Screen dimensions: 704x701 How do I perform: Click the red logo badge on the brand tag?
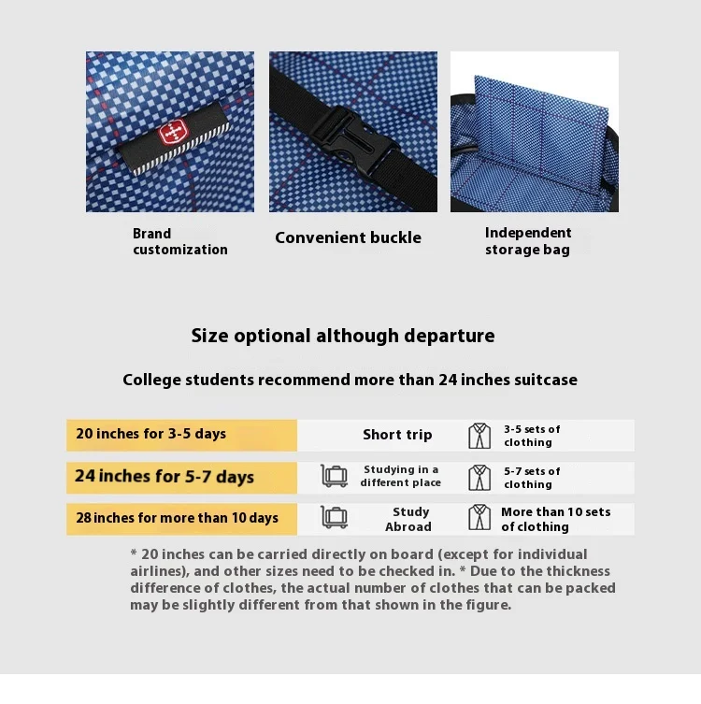pyautogui.click(x=172, y=133)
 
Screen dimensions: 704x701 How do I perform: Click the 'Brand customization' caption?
pyautogui.click(x=179, y=241)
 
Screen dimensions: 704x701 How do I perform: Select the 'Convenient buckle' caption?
pyautogui.click(x=348, y=237)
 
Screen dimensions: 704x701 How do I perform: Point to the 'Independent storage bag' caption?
pyautogui.click(x=528, y=241)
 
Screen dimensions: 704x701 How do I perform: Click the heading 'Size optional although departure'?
pyautogui.click(x=343, y=336)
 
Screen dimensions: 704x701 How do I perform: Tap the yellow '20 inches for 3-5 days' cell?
pyautogui.click(x=181, y=435)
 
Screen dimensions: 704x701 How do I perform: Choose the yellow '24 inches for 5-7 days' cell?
pyautogui.click(x=181, y=477)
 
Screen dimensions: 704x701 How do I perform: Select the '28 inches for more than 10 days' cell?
pyautogui.click(x=181, y=518)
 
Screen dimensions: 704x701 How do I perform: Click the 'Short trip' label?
pyautogui.click(x=397, y=435)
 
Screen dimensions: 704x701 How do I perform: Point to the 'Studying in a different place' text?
pyautogui.click(x=400, y=477)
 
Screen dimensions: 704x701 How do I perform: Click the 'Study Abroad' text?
pyautogui.click(x=409, y=519)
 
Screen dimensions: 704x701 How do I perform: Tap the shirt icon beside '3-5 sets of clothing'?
pyautogui.click(x=479, y=436)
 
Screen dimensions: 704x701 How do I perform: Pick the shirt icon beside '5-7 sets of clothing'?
pyautogui.click(x=479, y=477)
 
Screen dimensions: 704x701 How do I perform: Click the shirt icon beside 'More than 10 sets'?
pyautogui.click(x=479, y=518)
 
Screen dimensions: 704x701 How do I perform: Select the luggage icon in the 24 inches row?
pyautogui.click(x=335, y=476)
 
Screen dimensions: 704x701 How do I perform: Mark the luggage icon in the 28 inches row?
pyautogui.click(x=335, y=517)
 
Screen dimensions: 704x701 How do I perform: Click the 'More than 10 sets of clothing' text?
pyautogui.click(x=555, y=519)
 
